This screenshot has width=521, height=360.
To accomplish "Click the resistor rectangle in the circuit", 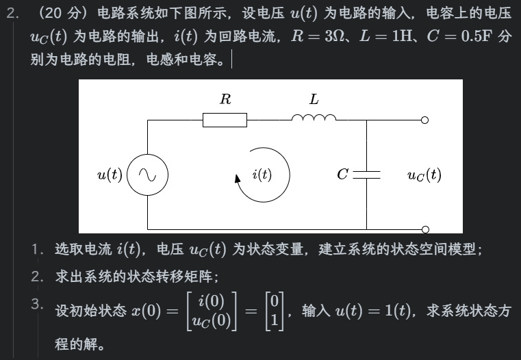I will click(225, 120).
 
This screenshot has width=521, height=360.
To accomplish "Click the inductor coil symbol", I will click(314, 118).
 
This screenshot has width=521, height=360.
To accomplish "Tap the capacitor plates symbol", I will click(366, 175).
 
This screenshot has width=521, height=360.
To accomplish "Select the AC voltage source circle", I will click(147, 175).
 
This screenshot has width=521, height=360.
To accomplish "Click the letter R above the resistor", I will click(225, 99).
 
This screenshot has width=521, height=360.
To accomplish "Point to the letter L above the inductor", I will click(314, 99).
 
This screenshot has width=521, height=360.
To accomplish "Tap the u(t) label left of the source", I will click(110, 175).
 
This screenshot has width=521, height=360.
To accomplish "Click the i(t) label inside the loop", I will click(262, 175).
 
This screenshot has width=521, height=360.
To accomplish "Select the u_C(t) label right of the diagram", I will click(424, 175).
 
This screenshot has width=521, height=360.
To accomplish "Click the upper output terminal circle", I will click(424, 120).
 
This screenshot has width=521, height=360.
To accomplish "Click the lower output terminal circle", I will click(424, 229).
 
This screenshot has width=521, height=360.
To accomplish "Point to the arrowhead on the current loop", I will click(238, 179).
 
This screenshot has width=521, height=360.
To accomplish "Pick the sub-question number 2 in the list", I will click(36, 276).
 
